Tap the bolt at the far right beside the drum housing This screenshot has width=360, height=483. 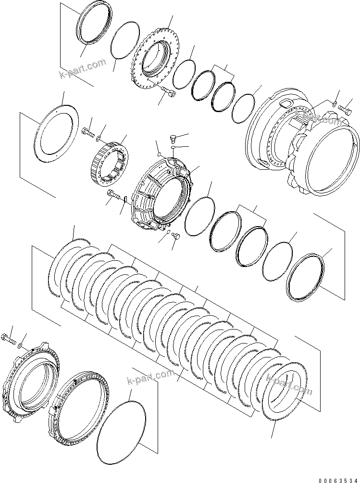345,109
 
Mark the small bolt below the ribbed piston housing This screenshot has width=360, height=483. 175,235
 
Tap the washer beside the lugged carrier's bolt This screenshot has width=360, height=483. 19,346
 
